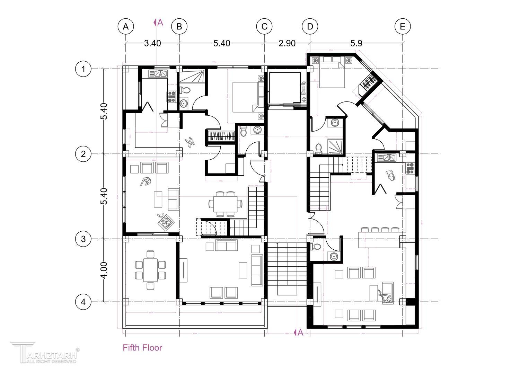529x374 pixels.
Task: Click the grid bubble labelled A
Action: (126, 26)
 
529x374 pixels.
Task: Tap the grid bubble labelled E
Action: (403, 26)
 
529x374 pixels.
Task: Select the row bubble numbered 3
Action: (83, 239)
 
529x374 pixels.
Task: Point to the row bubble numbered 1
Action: (83, 69)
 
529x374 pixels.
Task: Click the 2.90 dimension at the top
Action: (287, 43)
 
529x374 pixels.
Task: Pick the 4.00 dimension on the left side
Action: (104, 270)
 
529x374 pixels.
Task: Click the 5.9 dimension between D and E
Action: (356, 43)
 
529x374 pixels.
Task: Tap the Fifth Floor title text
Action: (142, 347)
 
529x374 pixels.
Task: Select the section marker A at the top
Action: (159, 23)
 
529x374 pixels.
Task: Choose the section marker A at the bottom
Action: (299, 332)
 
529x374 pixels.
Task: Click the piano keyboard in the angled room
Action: (369, 81)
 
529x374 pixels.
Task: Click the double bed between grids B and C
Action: (245, 97)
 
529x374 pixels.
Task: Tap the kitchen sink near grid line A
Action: (159, 73)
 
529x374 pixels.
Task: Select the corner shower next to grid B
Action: (192, 76)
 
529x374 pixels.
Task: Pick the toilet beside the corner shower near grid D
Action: (319, 148)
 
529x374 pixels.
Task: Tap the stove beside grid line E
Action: (410, 168)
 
